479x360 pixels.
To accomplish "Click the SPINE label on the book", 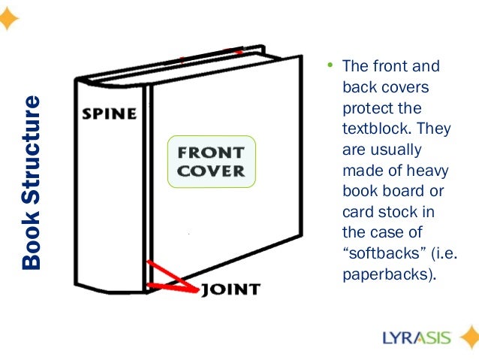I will coord(109,114).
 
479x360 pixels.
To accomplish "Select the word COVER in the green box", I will coord(211,170).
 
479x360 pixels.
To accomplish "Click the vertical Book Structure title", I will coord(32,183).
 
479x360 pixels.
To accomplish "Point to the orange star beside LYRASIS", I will coord(469,337).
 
